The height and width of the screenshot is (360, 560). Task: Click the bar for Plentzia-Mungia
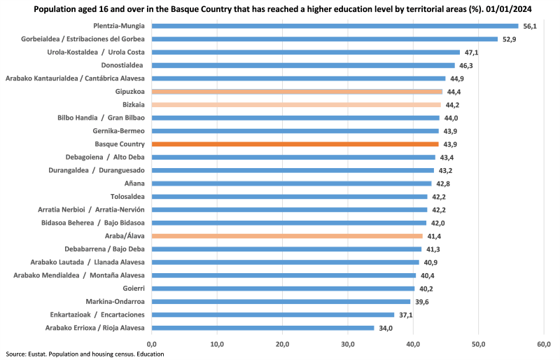[x=335, y=26]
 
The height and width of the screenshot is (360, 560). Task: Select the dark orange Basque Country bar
[x=295, y=144]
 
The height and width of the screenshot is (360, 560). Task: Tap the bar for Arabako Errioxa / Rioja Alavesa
[x=262, y=327]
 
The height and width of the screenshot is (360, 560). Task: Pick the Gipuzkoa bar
[x=297, y=91]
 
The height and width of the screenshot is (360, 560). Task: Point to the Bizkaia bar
[x=296, y=104]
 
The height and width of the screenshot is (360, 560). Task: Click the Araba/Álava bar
[x=287, y=236]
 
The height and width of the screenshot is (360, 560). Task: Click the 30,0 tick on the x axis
[x=348, y=344]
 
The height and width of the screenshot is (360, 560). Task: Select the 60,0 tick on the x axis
[x=544, y=344]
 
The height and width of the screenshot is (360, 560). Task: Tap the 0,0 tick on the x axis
[x=152, y=344]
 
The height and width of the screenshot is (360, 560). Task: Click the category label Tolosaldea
[x=127, y=197]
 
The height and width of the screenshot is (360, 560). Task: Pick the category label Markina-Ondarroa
[x=115, y=301]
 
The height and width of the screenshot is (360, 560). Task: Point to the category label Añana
[x=134, y=184]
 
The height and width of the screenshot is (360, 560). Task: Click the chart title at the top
[x=279, y=9]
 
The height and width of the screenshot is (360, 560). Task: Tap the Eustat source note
[x=85, y=354]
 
